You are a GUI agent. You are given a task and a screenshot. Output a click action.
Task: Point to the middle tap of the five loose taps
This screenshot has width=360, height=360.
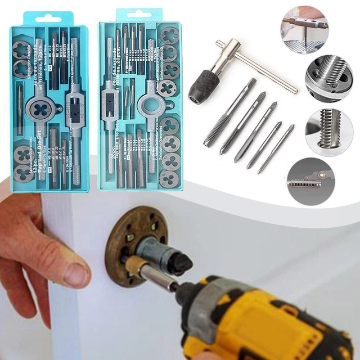click(255, 132)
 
